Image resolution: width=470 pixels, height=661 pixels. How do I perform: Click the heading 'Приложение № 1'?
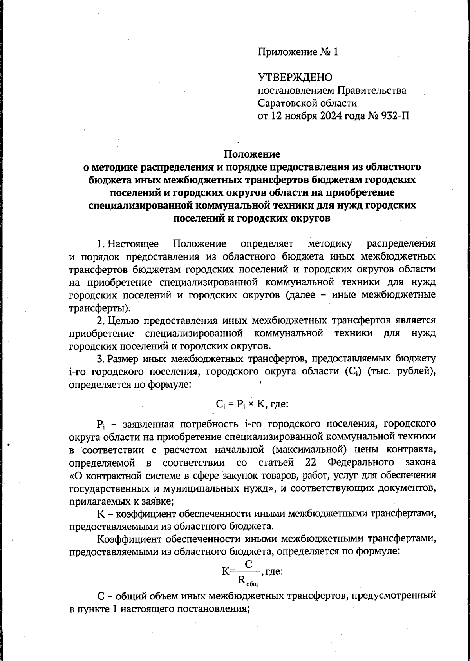click(x=298, y=52)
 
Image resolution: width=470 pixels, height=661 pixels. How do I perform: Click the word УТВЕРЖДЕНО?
click(x=295, y=78)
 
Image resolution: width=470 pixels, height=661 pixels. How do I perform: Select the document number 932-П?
click(x=395, y=116)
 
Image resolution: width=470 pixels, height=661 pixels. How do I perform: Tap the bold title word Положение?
click(x=252, y=153)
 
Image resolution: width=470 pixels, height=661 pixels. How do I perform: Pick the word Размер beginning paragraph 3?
click(x=123, y=359)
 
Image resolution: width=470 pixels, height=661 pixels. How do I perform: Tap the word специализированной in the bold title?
click(x=140, y=205)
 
